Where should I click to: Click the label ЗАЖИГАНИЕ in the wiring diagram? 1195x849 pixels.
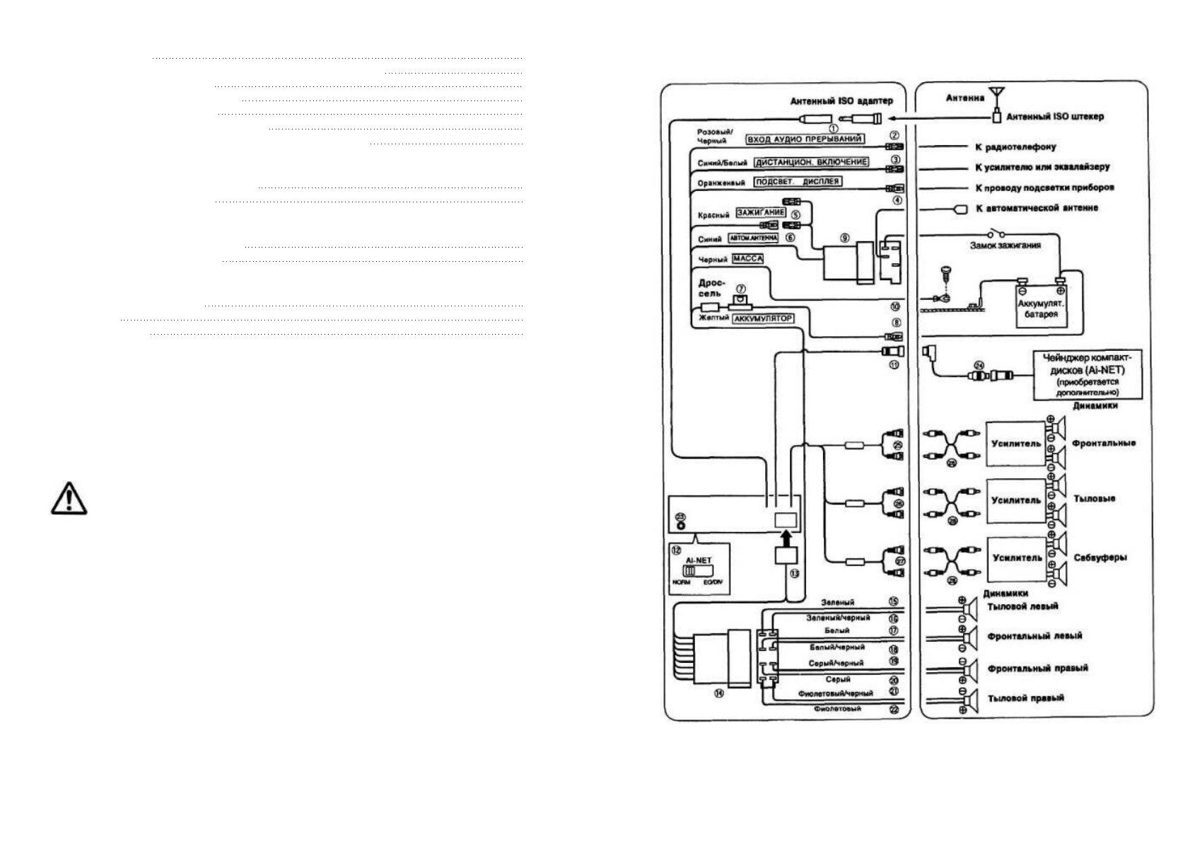761,212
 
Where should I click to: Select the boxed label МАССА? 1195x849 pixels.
747,259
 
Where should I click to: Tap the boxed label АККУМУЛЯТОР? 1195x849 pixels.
763,318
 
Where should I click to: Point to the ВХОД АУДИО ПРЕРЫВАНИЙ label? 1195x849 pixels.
805,139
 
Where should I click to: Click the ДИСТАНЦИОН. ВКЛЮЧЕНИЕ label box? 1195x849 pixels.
810,162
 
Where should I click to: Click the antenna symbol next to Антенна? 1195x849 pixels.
997,95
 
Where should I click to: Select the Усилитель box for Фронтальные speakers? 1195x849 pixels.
1016,444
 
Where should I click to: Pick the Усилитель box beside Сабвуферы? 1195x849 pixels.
1017,558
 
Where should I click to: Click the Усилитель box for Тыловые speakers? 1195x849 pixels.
1016,500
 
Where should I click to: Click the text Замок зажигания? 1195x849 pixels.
1005,246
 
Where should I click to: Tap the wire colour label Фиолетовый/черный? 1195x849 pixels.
835,693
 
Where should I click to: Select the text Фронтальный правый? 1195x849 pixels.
1037,668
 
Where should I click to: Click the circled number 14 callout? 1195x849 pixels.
719,694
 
